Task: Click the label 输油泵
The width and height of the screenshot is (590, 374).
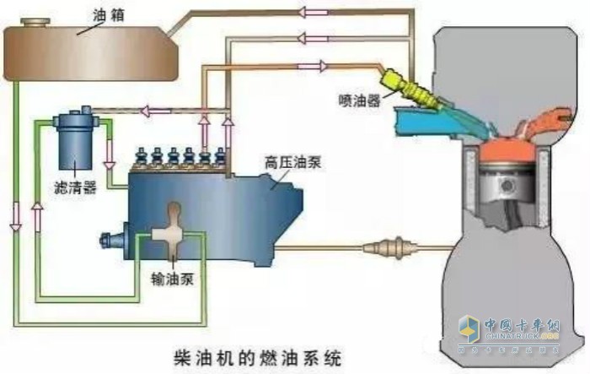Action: (174, 278)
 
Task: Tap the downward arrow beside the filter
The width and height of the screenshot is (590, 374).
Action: (109, 157)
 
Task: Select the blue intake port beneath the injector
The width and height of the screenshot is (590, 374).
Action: (421, 122)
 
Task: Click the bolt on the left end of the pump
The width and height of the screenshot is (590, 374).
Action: (105, 240)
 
